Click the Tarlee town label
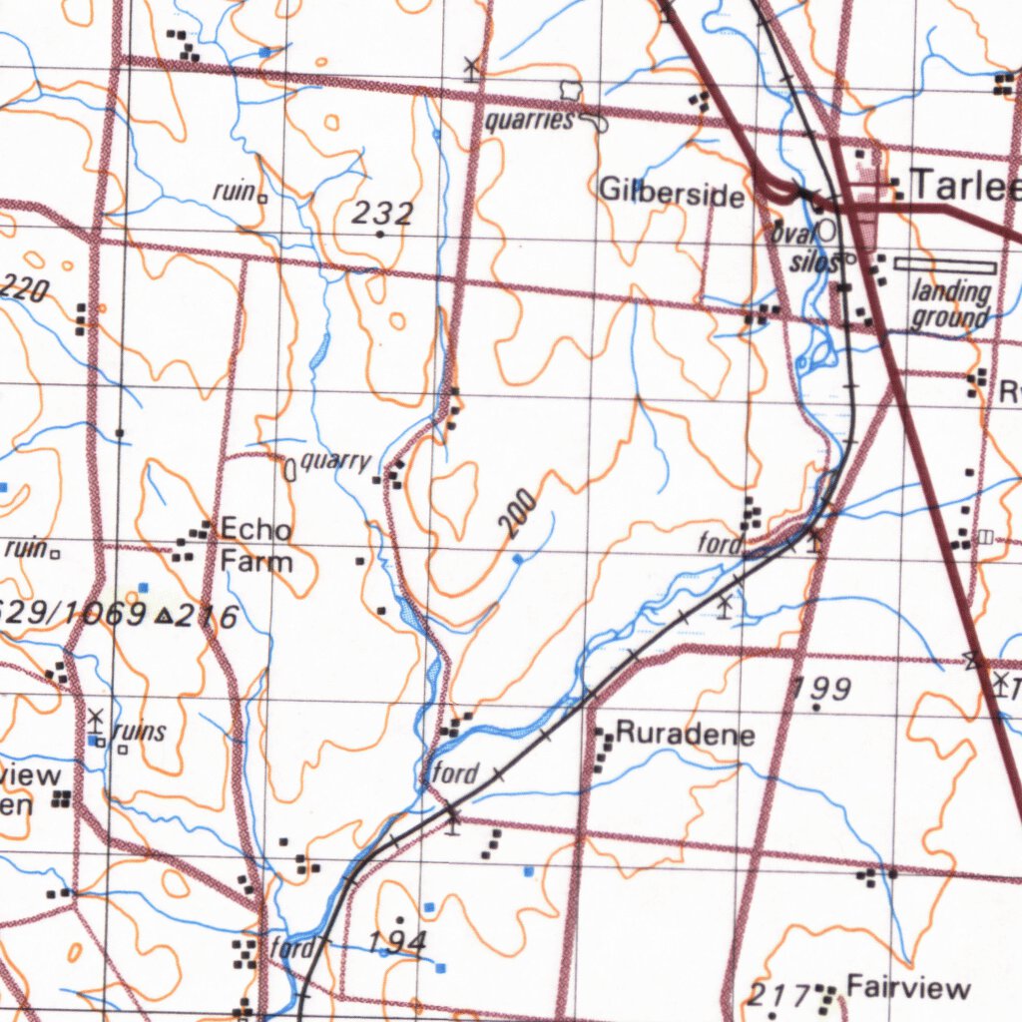click(964, 186)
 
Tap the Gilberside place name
click(672, 193)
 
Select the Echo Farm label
click(256, 545)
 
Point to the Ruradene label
click(685, 735)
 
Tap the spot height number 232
click(383, 212)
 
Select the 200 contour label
click(519, 515)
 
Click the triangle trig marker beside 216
click(165, 617)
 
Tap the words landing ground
click(951, 304)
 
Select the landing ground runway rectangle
click(945, 265)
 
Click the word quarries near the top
click(529, 121)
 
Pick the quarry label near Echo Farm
click(335, 461)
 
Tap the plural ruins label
click(140, 732)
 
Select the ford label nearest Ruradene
click(456, 771)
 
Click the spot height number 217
click(777, 994)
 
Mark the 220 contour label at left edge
click(24, 290)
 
